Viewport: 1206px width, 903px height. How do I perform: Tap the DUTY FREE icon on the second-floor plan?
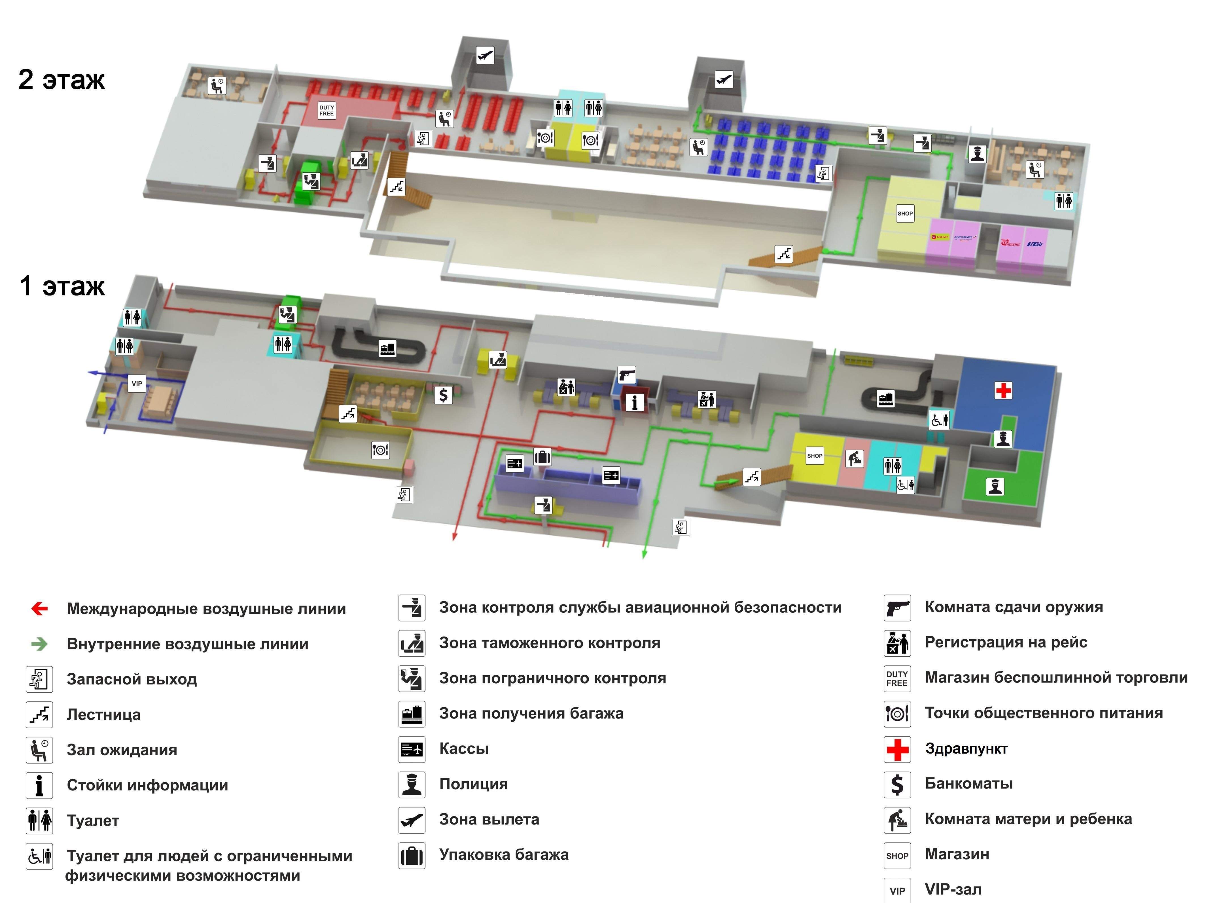[327, 111]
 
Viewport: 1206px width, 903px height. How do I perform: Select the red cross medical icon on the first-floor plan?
[1003, 390]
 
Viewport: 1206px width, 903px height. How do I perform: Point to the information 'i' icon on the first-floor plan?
[634, 402]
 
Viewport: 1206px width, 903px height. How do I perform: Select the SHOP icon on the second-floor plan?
[905, 213]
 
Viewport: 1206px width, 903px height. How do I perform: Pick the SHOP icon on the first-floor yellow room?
[815, 456]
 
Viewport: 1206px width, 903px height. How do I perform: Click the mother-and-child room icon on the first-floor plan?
[854, 459]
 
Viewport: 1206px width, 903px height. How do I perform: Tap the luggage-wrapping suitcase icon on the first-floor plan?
[542, 456]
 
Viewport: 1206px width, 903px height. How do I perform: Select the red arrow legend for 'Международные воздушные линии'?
[39, 608]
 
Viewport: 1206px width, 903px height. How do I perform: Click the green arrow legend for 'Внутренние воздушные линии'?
[39, 644]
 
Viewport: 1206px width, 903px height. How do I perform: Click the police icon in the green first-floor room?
[995, 486]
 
